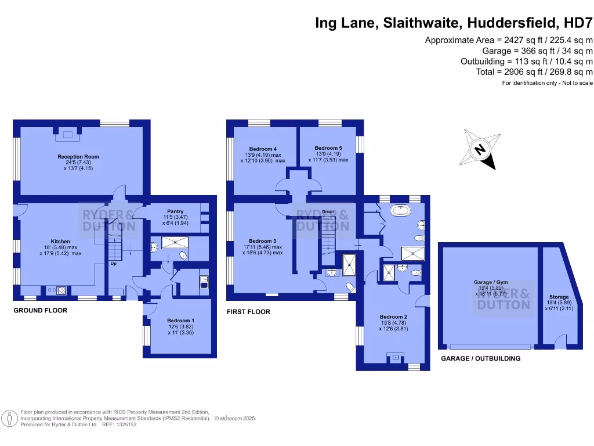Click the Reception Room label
[x=78, y=156]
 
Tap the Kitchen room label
[x=60, y=242]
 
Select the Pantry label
[x=175, y=211]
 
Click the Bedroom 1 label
[x=180, y=321]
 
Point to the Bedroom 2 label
[x=393, y=316]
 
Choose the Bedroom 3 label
[x=262, y=241]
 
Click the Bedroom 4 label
[x=262, y=149]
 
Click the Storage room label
[x=559, y=296]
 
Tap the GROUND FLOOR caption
[x=40, y=311]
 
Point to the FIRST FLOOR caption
[x=248, y=312]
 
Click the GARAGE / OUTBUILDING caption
[x=480, y=358]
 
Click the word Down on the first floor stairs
[x=328, y=211]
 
